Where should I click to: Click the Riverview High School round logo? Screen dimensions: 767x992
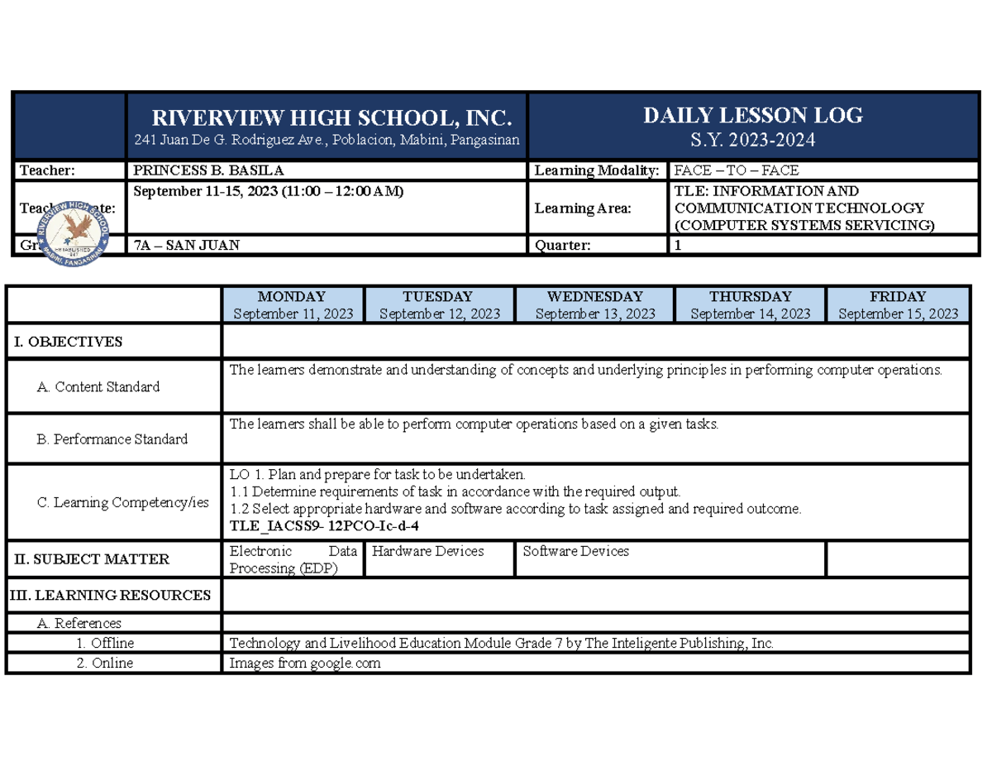[75, 224]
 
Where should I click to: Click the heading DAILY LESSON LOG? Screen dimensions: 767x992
[753, 116]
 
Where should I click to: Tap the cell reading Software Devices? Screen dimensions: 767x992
[575, 551]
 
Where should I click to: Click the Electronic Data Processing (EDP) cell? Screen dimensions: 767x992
[293, 559]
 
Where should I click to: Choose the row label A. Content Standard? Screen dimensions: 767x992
[99, 386]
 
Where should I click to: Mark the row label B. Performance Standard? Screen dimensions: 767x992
[112, 439]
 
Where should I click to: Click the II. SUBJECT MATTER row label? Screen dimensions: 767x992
[93, 559]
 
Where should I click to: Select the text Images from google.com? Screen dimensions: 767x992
[305, 663]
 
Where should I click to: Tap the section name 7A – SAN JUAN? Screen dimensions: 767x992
[188, 245]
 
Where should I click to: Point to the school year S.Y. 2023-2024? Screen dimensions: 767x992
[753, 140]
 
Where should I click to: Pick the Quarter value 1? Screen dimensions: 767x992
[679, 245]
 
